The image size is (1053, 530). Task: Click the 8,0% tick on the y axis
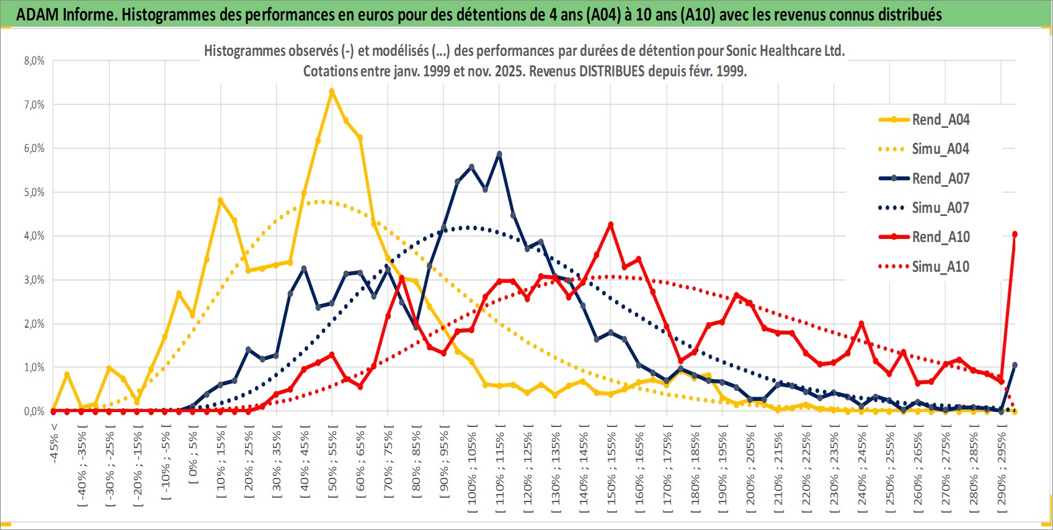(x=34, y=61)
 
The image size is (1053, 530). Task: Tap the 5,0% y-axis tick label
(x=34, y=192)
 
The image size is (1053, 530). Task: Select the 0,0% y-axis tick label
(x=34, y=411)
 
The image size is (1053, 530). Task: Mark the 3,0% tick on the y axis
(x=34, y=280)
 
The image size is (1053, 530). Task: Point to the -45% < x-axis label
(x=55, y=443)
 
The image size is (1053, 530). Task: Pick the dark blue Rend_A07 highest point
(x=499, y=154)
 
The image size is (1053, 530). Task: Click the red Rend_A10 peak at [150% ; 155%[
(x=611, y=225)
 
